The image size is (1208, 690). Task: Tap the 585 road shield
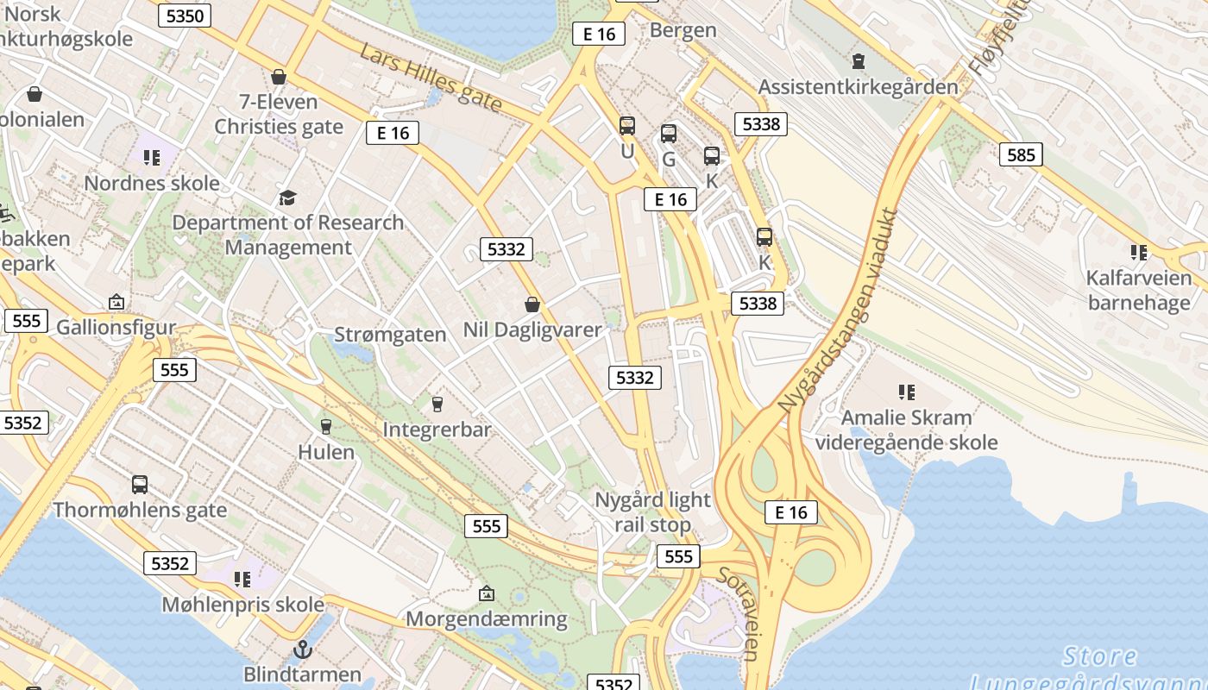[1021, 155]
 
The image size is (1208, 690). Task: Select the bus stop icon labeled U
[627, 126]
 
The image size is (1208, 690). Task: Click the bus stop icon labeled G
[669, 134]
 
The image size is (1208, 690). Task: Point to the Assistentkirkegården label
[858, 87]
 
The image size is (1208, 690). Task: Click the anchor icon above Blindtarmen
[302, 649]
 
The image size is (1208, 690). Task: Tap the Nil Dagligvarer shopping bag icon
[532, 304]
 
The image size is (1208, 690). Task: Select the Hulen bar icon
[326, 426]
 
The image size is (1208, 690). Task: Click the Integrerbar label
[437, 430]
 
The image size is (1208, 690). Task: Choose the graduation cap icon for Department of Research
[287, 198]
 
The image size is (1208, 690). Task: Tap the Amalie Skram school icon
[906, 392]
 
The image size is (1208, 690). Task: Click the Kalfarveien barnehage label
[1139, 290]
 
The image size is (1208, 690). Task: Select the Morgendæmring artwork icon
[487, 593]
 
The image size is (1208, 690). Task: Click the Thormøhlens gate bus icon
[140, 485]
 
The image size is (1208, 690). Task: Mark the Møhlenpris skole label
[243, 605]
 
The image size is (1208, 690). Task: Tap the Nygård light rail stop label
[653, 511]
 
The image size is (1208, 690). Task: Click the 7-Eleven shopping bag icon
[279, 77]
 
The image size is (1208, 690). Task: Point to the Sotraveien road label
[742, 612]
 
